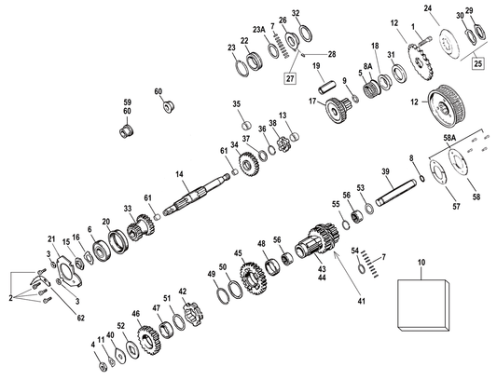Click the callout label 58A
coord(450,137)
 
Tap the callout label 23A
coord(258,30)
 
